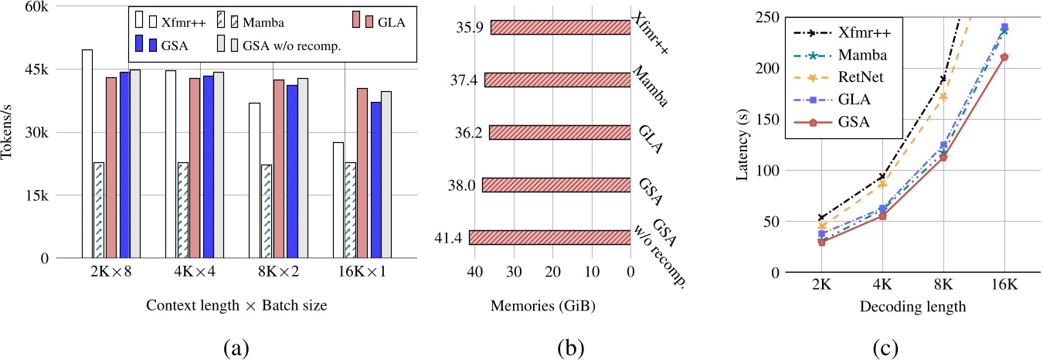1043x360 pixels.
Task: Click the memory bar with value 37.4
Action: [x=557, y=80]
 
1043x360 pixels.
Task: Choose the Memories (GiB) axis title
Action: [x=542, y=305]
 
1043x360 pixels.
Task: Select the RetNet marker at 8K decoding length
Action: [x=943, y=97]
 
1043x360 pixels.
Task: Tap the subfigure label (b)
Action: [x=570, y=346]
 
